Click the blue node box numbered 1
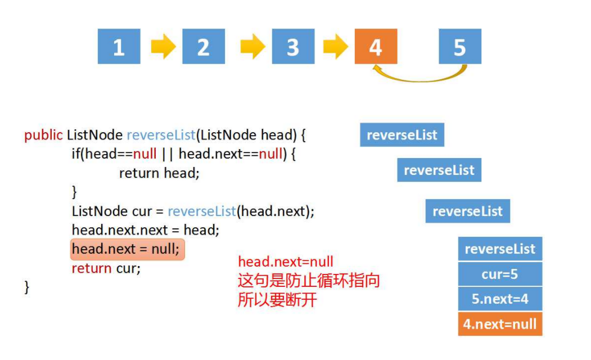[119, 47]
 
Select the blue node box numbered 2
[203, 47]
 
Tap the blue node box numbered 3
[293, 47]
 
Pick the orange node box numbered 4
[376, 47]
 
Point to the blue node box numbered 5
[460, 47]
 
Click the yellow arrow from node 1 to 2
[163, 47]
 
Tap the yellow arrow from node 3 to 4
[336, 47]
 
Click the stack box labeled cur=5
[500, 274]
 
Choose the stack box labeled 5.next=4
[500, 299]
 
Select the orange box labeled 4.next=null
[500, 324]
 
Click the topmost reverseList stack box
[401, 135]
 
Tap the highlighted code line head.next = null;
[128, 249]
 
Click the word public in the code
[43, 135]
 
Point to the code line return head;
[159, 173]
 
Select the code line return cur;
[106, 268]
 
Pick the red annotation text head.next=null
[286, 262]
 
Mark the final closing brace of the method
[26, 287]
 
